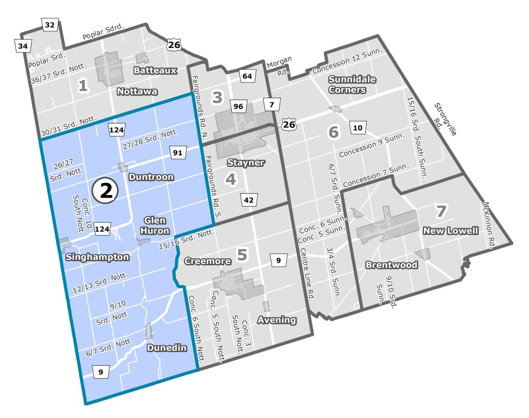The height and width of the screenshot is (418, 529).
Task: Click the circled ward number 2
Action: coord(106,191)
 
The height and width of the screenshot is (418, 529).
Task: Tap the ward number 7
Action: coord(441,211)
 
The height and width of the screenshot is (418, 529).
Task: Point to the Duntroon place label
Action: coord(151,177)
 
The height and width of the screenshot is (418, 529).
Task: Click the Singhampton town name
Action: coord(97,257)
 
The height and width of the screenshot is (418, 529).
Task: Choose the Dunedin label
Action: coord(167,348)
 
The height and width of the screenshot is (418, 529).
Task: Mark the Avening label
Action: coord(277,320)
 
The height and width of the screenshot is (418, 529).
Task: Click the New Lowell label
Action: coord(450,231)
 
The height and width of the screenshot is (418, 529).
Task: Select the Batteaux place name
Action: coord(156,70)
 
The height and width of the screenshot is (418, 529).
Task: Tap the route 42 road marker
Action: coord(249,200)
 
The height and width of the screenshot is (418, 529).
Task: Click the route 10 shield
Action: coord(358,128)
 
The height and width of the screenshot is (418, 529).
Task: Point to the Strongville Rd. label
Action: coord(446,120)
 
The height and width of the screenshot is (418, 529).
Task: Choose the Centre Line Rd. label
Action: coord(307,274)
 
